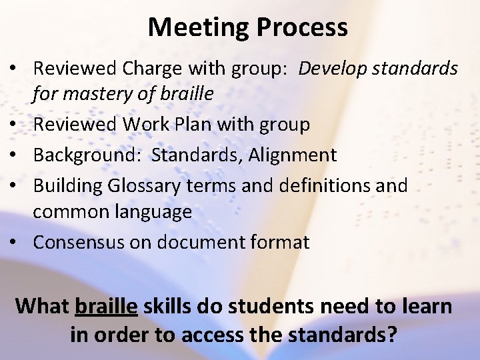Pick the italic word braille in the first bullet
click(x=189, y=94)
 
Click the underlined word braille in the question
click(x=107, y=306)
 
